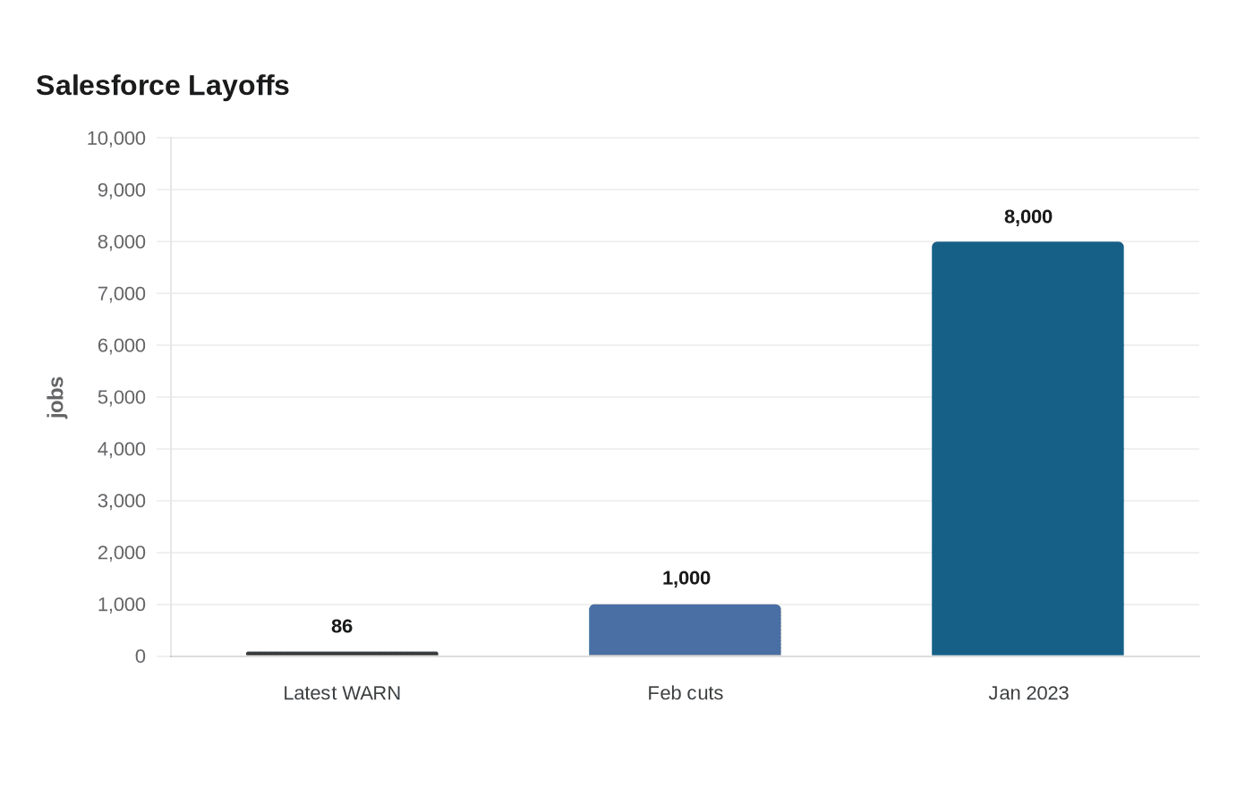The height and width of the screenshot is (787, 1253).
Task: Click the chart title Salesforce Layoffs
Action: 162,86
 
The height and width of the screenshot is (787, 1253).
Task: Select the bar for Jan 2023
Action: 1027,449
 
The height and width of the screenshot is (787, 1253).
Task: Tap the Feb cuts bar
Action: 685,630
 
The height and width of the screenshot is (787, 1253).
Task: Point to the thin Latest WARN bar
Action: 342,654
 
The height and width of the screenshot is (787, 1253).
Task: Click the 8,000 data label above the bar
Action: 1028,216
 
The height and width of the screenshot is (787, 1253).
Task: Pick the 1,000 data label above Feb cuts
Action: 686,578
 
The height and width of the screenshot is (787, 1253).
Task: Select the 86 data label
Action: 342,626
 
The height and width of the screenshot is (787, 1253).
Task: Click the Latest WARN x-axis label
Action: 342,693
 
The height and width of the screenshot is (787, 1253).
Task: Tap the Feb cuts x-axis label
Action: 686,693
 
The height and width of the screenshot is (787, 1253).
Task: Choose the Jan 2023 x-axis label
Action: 1028,693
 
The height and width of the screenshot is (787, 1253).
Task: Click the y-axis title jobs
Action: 55,397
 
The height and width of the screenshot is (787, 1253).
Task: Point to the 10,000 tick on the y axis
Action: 115,138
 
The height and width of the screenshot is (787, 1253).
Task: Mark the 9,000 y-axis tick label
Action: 122,190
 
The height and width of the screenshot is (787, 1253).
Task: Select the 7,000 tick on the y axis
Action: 122,293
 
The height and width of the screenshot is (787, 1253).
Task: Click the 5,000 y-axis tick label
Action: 122,397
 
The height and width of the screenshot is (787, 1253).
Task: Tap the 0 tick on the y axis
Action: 141,656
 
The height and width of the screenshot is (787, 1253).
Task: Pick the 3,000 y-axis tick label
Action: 122,501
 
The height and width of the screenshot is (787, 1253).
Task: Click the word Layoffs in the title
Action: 239,86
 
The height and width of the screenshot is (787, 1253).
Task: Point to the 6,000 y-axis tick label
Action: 122,345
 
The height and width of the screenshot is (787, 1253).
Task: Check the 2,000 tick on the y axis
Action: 122,553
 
